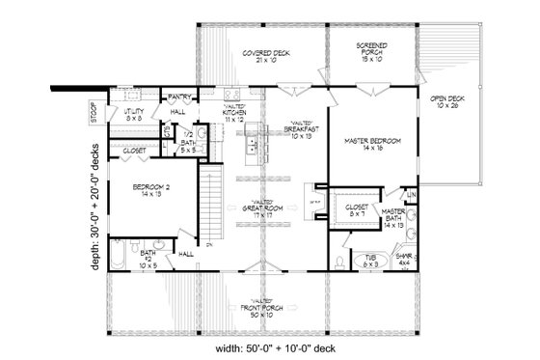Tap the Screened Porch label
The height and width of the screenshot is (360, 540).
pos(372,50)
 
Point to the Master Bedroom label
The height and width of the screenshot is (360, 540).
pos(371,145)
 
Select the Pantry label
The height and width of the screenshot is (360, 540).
pos(177,97)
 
